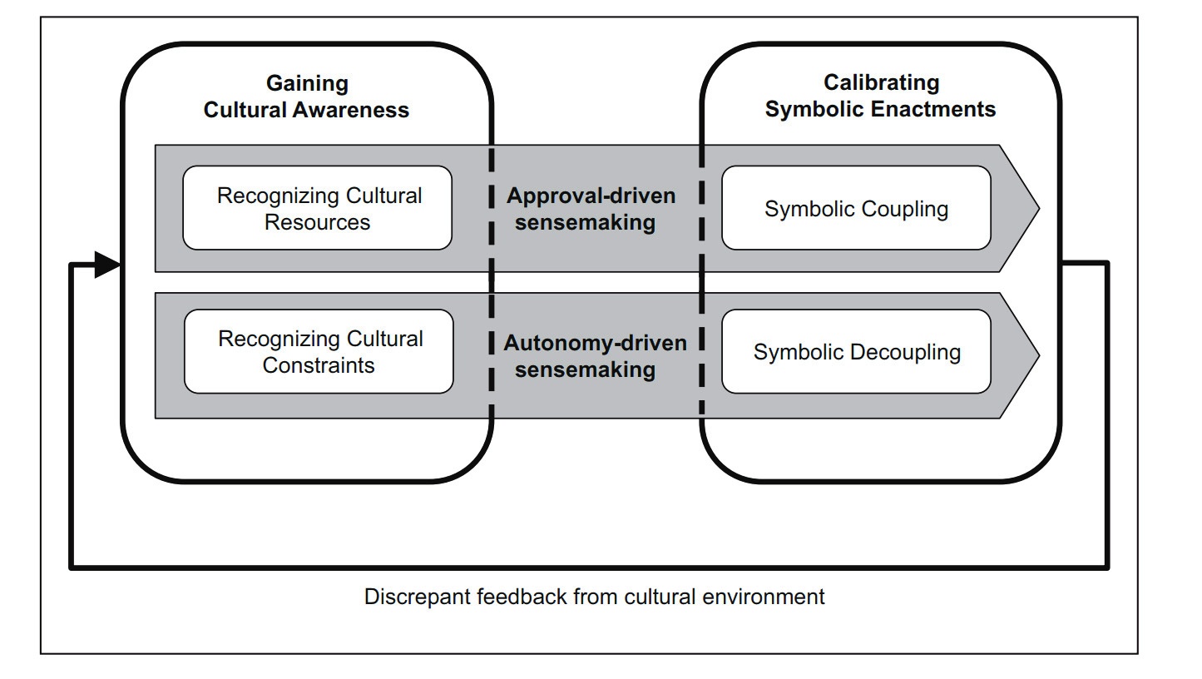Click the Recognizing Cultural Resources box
(318, 208)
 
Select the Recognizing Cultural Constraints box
(319, 351)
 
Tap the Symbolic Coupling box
(856, 208)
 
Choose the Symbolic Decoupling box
(856, 352)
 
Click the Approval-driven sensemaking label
(591, 209)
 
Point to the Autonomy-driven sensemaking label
(595, 356)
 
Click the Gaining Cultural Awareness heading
(306, 97)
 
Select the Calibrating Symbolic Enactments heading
(880, 96)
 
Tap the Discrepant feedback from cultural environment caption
(594, 597)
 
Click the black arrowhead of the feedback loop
(108, 265)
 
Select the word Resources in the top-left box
(317, 222)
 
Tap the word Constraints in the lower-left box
(319, 365)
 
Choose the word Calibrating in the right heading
(881, 82)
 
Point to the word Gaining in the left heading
(307, 83)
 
